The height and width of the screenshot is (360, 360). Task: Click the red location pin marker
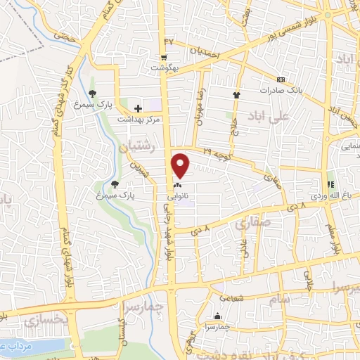[x=181, y=165]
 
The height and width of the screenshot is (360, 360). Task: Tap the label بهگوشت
[x=164, y=68]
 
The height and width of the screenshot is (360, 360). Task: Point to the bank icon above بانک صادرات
[x=281, y=80]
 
